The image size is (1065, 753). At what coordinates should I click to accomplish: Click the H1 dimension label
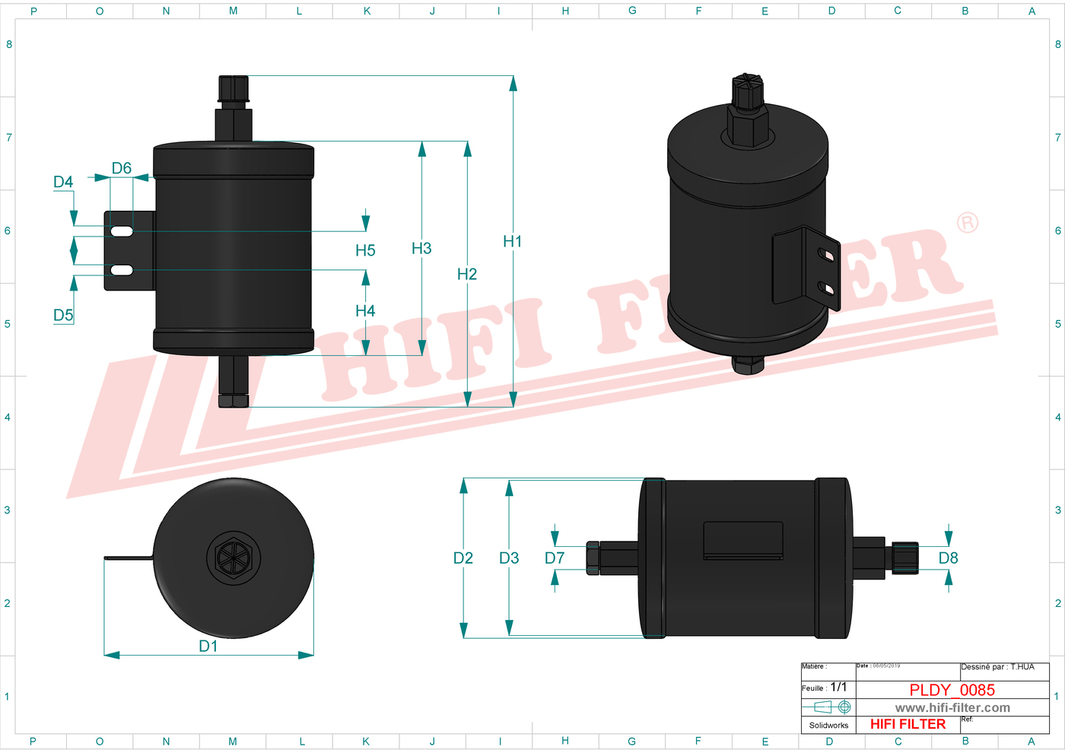coord(512,241)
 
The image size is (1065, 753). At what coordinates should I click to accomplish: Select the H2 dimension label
coord(466,274)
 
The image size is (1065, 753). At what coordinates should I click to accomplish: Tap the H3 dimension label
coord(421,248)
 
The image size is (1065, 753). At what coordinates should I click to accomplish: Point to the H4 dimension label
coord(365,310)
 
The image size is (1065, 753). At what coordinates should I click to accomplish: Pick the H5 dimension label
coord(365,250)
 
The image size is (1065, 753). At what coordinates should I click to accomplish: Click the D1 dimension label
coord(208,646)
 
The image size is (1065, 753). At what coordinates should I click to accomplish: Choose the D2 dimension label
coord(463,558)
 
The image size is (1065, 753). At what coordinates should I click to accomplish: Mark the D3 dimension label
coord(509,558)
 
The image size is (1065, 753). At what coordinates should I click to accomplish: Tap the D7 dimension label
coord(555,558)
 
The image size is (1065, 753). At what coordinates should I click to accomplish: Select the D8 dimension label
coord(948,558)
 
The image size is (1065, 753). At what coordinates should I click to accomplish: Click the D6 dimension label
coord(122,168)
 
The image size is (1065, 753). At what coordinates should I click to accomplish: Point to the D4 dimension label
coord(63,182)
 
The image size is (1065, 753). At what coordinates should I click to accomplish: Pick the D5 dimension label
coord(63,315)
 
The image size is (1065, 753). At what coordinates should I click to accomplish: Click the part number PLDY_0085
coord(952,690)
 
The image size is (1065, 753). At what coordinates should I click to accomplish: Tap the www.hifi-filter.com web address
coord(952,708)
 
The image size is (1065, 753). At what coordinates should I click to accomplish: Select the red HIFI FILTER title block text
coord(908,724)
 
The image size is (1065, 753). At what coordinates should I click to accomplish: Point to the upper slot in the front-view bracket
coord(122,230)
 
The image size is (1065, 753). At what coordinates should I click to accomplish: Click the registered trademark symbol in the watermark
coord(967,223)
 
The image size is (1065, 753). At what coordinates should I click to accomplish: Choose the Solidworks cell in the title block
coord(828,725)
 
